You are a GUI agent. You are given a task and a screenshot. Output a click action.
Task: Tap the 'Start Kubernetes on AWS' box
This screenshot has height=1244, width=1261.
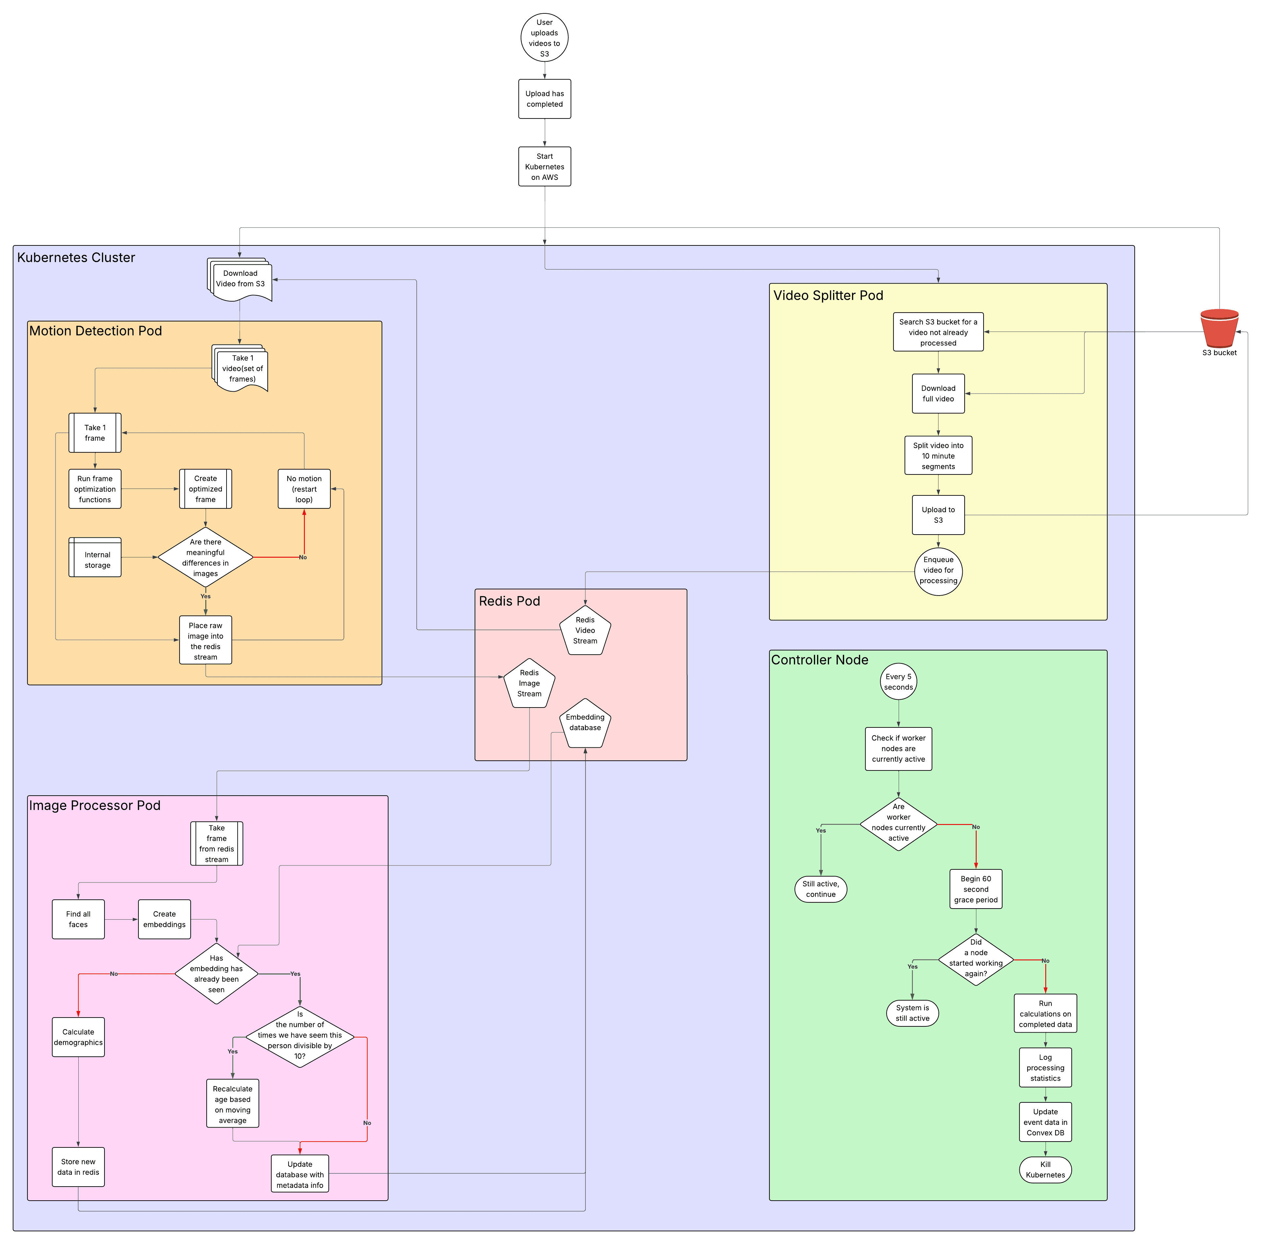pyautogui.click(x=544, y=166)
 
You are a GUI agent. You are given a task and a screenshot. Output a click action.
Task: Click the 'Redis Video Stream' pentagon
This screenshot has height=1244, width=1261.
pyautogui.click(x=585, y=630)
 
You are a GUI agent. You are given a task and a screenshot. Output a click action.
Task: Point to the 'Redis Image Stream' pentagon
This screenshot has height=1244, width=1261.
pyautogui.click(x=529, y=683)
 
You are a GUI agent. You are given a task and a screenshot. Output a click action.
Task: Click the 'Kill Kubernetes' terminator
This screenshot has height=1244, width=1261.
pyautogui.click(x=1045, y=1170)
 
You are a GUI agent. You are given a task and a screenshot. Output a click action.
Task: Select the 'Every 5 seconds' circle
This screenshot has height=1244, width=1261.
pyautogui.click(x=898, y=682)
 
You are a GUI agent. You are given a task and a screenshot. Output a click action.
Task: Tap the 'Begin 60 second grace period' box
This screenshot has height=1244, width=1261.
pyautogui.click(x=976, y=889)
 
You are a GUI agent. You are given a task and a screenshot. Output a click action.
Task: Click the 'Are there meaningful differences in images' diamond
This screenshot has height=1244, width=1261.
pyautogui.click(x=206, y=557)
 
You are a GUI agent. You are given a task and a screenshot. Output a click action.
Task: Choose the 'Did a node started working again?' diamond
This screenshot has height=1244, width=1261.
pyautogui.click(x=976, y=958)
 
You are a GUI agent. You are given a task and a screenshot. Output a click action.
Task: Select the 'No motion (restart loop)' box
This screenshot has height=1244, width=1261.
pyautogui.click(x=304, y=489)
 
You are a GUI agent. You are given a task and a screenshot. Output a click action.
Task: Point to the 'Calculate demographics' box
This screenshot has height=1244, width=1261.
pyautogui.click(x=78, y=1037)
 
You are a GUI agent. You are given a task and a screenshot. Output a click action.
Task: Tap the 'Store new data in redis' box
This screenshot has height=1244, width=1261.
pyautogui.click(x=78, y=1167)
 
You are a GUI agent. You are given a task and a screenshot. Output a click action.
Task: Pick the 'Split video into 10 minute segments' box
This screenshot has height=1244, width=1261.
pyautogui.click(x=938, y=456)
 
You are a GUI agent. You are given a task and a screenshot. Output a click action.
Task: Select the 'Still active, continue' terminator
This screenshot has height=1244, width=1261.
pyautogui.click(x=820, y=889)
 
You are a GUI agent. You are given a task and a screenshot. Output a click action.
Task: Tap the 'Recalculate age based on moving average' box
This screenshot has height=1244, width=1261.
pyautogui.click(x=232, y=1104)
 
